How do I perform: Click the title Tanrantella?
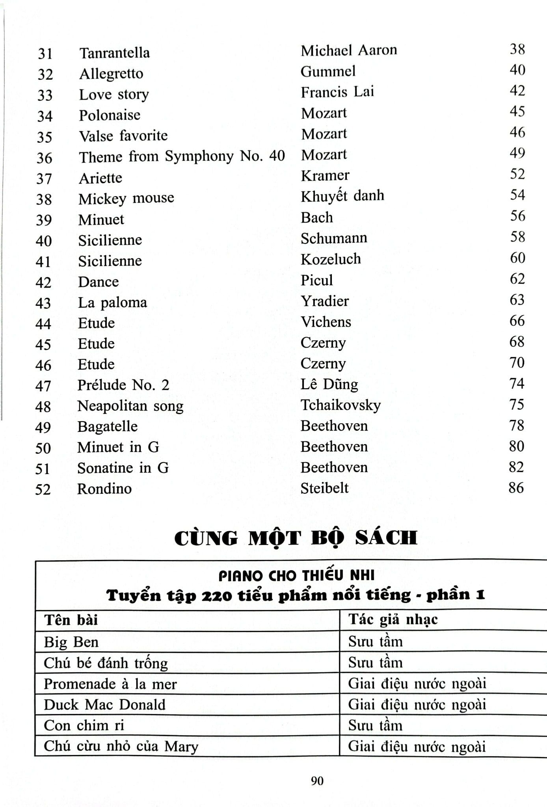[114, 53]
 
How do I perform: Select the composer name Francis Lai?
[337, 92]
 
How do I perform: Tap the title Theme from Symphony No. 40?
[182, 156]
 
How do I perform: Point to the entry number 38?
[44, 199]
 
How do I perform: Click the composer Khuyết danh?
[342, 196]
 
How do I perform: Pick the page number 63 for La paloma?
[517, 300]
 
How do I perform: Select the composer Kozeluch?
[331, 259]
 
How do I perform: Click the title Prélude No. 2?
[123, 385]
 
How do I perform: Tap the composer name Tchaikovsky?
[340, 405]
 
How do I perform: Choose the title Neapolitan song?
[130, 406]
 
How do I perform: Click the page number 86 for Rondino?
[516, 488]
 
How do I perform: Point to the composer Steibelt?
[324, 488]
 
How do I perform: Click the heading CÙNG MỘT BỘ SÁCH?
[296, 538]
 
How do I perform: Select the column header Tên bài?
[71, 620]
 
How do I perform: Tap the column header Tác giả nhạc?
[393, 620]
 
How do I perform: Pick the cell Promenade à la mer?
[110, 684]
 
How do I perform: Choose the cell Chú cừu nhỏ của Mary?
[121, 746]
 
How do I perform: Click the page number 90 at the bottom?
[317, 781]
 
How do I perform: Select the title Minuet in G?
[118, 447]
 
